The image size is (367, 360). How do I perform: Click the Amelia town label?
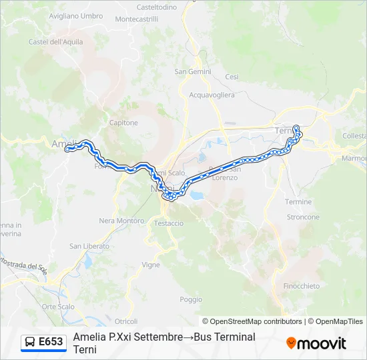pos(61,143)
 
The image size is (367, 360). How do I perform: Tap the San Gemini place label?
pos(193,72)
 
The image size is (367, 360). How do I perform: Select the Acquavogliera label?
pos(212,95)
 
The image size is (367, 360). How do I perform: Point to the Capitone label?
pos(123,123)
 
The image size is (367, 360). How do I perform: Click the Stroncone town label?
pos(303,217)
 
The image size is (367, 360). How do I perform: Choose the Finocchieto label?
pos(302,286)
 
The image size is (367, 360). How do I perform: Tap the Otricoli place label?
pos(125,321)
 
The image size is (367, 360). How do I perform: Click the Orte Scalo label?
pos(59,307)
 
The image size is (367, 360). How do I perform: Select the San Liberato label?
pos(89,246)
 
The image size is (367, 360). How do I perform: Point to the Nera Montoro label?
pos(121,221)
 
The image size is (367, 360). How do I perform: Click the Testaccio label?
pos(169,223)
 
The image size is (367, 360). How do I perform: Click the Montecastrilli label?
pos(137,19)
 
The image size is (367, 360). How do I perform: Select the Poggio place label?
pos(191,299)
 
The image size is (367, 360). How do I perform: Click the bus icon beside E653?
pos(30,342)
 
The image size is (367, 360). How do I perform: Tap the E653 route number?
pos(51,342)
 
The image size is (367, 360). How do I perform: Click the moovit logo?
pos(316,343)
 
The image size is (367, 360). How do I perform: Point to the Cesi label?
pos(232,77)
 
